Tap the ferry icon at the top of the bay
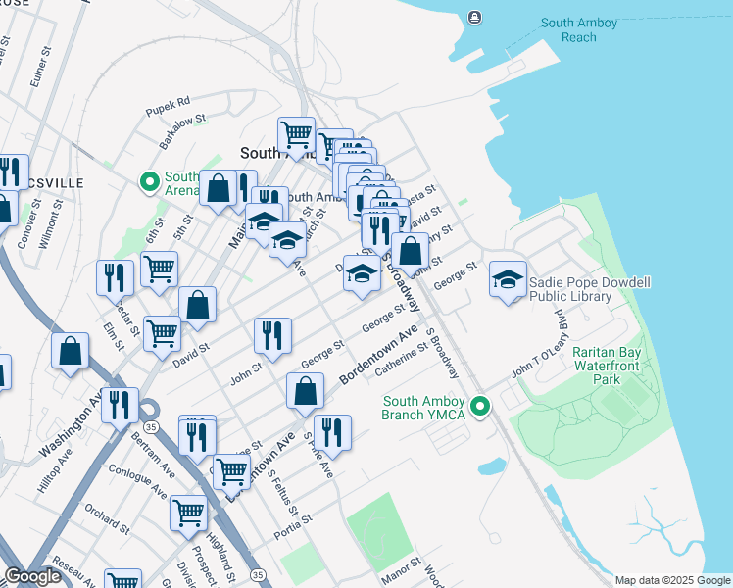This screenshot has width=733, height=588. coord(475,16)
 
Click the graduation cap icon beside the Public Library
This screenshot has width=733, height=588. coord(508,280)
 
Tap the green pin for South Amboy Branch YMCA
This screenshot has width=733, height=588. coord(479,405)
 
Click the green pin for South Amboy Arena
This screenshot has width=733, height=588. coord(150,182)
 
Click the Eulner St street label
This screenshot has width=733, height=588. coord(38,73)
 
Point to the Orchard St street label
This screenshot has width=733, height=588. coord(101,510)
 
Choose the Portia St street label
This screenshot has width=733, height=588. coord(293,519)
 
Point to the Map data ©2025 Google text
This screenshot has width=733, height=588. coord(672,580)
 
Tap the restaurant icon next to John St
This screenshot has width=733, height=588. coord(272,336)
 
